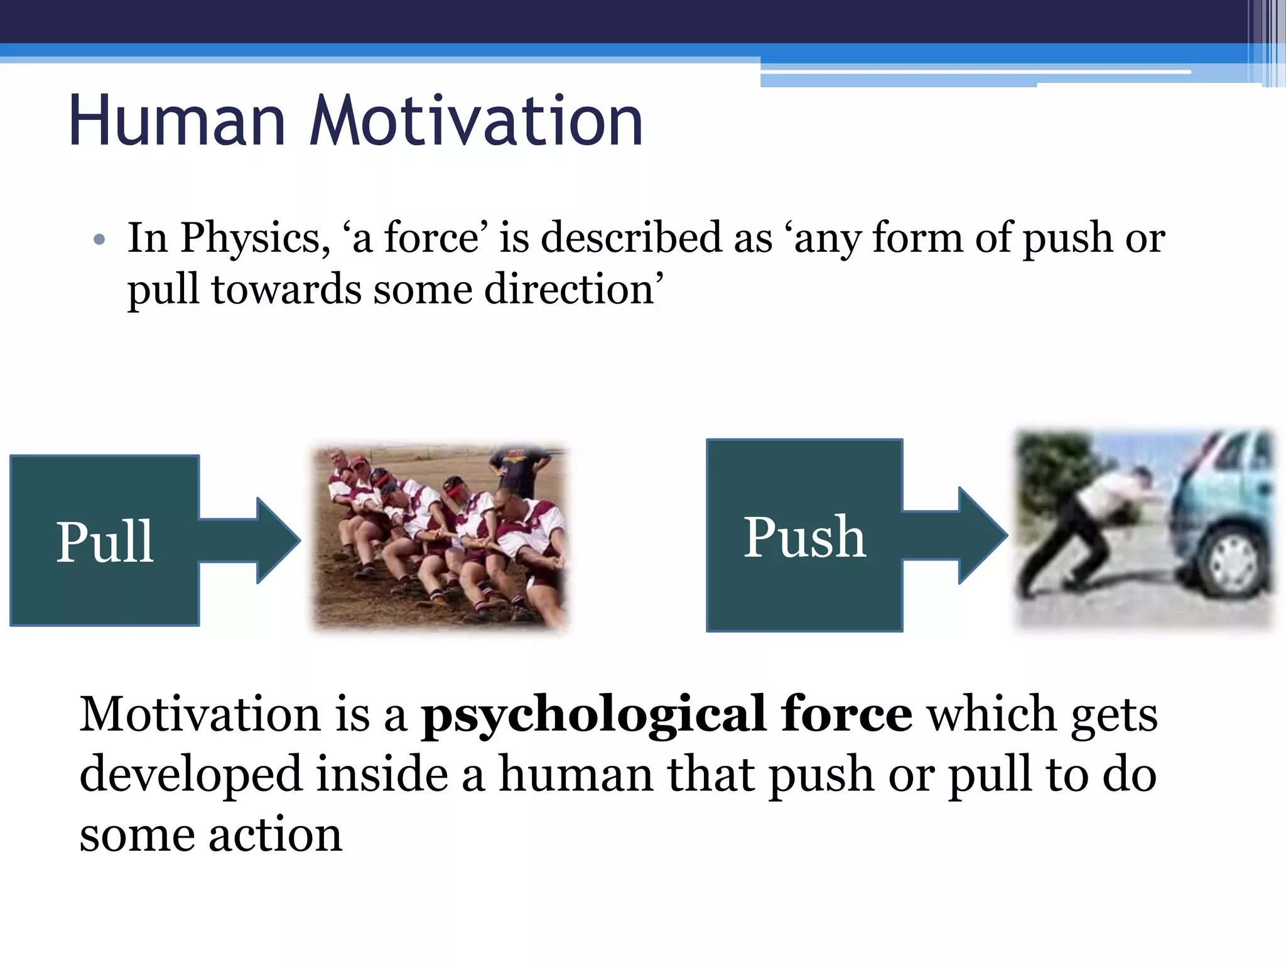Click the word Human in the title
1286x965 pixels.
pyautogui.click(x=177, y=121)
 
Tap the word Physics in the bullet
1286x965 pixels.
pyautogui.click(x=254, y=239)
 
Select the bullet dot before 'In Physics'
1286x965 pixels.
pyautogui.click(x=99, y=240)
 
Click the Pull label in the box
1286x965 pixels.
pyautogui.click(x=104, y=542)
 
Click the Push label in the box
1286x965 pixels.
pyautogui.click(x=804, y=538)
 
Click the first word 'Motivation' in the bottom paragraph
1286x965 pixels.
pyautogui.click(x=200, y=715)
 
